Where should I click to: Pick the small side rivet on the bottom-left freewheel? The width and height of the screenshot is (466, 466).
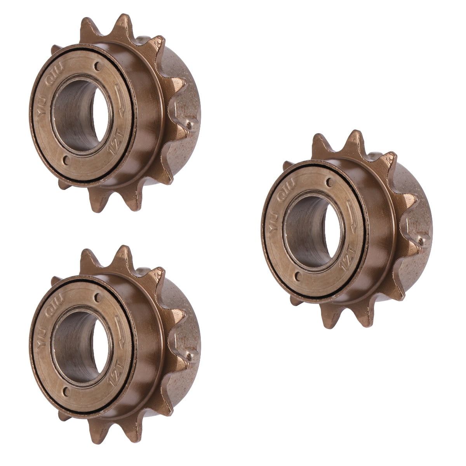(x=190, y=356)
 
